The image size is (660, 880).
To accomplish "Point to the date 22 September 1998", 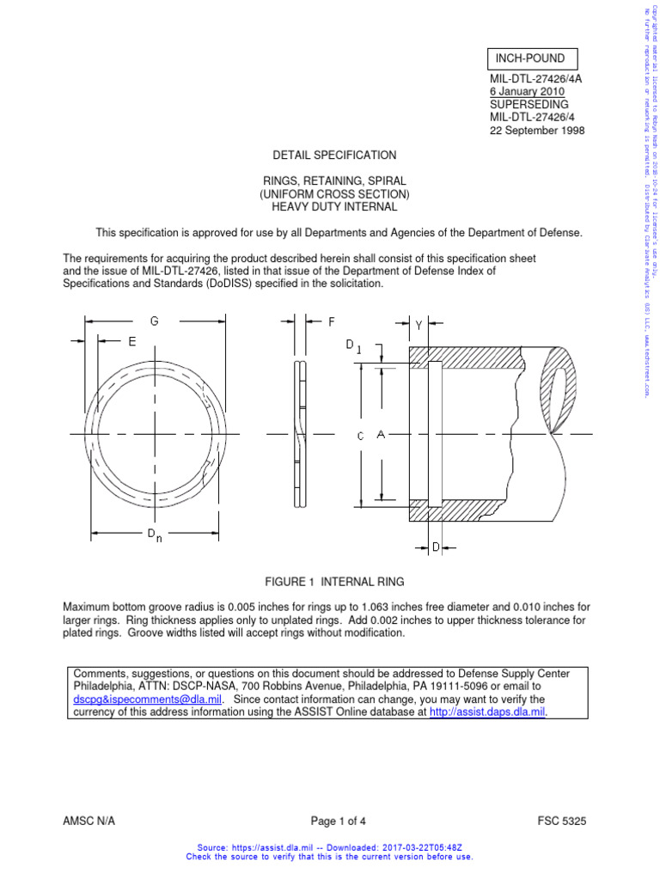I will [x=536, y=131].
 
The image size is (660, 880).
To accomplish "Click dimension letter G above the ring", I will [x=155, y=321].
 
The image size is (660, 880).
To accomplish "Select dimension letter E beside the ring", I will [x=131, y=341].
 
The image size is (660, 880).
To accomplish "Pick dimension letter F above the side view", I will [x=331, y=322].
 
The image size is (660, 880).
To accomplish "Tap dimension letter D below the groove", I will [x=436, y=547].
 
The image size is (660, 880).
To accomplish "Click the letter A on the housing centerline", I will [x=380, y=435].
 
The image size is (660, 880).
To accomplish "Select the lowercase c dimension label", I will [x=361, y=436].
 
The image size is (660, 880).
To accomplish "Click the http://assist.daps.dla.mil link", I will [x=487, y=712].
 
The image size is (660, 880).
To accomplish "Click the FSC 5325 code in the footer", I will [x=561, y=821].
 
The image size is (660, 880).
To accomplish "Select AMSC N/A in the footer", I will [x=95, y=821].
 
